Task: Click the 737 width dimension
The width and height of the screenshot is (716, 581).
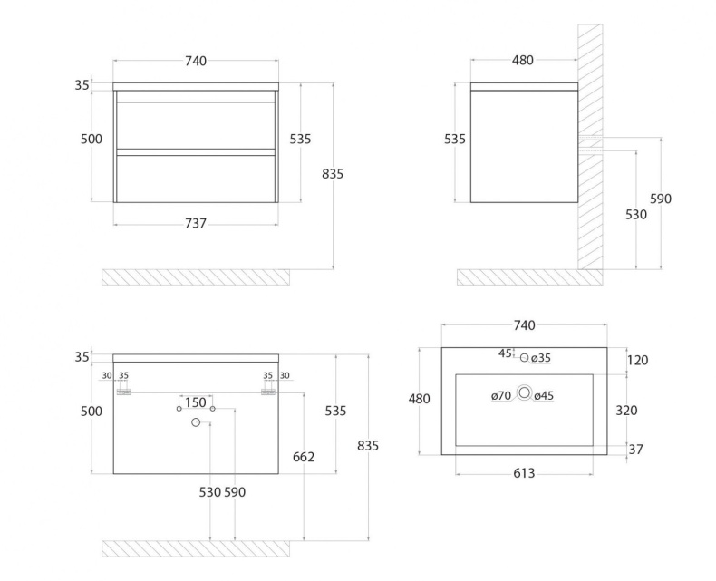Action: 195,223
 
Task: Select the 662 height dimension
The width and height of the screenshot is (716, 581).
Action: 303,457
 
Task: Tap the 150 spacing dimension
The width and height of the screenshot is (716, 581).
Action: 195,402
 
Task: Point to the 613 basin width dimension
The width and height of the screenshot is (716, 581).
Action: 524,472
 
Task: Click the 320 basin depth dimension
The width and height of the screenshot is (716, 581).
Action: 626,410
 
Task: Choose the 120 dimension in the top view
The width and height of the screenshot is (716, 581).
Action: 637,360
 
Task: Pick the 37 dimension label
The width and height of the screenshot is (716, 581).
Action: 637,449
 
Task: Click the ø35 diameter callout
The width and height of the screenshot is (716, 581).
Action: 541,358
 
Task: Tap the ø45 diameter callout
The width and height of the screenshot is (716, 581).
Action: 544,395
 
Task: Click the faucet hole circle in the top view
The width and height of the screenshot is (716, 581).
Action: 524,358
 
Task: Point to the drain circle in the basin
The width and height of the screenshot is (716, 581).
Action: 524,393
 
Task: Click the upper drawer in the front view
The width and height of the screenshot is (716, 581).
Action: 196,125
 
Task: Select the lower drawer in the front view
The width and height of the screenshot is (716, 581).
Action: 196,179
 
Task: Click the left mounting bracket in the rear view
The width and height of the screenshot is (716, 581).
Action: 124,392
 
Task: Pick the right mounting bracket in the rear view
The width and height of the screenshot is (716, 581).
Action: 267,392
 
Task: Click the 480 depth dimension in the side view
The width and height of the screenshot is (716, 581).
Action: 522,61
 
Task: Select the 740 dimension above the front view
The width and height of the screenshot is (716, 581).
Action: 195,61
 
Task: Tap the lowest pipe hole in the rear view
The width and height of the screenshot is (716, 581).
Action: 196,422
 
